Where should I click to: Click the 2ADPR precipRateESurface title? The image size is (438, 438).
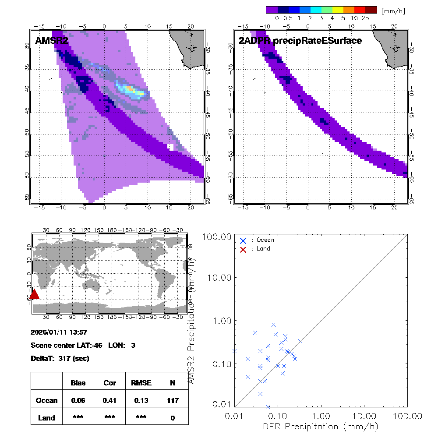click(300, 41)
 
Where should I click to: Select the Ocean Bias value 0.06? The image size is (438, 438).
click(78, 400)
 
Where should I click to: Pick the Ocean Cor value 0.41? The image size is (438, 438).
click(109, 400)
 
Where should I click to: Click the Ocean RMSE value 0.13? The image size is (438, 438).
click(141, 400)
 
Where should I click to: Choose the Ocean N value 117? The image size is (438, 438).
click(173, 400)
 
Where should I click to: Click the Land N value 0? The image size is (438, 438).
click(173, 418)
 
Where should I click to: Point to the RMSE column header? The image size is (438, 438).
click(141, 383)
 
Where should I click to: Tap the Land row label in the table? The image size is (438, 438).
click(46, 418)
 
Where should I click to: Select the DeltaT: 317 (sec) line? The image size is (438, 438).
click(60, 358)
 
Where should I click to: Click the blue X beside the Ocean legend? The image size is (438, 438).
click(243, 240)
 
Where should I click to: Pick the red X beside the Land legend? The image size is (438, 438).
click(243, 249)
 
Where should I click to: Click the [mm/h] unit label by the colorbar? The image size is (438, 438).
click(393, 10)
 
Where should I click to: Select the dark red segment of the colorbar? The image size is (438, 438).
click(371, 10)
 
